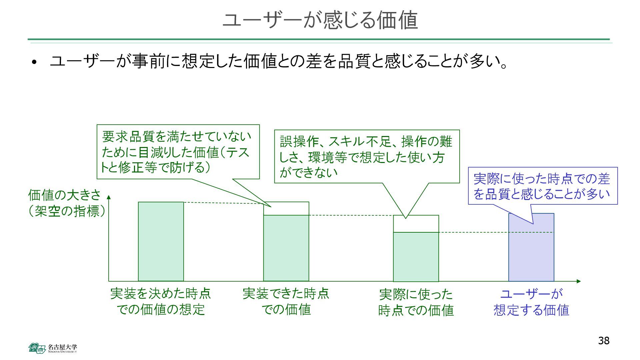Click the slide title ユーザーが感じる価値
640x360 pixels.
(320, 20)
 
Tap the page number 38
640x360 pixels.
(604, 341)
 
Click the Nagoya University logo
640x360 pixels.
(53, 348)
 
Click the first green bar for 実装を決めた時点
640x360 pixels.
(161, 241)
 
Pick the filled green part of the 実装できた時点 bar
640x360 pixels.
(286, 248)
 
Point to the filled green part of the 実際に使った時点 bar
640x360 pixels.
(416, 257)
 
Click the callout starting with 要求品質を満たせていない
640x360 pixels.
(178, 152)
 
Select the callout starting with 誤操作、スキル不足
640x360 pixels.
(367, 156)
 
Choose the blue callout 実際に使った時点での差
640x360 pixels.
(542, 186)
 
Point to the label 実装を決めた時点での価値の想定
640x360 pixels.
(161, 301)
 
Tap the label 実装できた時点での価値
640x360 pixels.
(286, 301)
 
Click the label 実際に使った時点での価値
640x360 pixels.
(416, 302)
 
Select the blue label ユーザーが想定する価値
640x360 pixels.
(531, 302)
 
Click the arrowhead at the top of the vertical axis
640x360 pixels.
(109, 197)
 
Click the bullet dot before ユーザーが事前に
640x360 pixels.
(34, 62)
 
